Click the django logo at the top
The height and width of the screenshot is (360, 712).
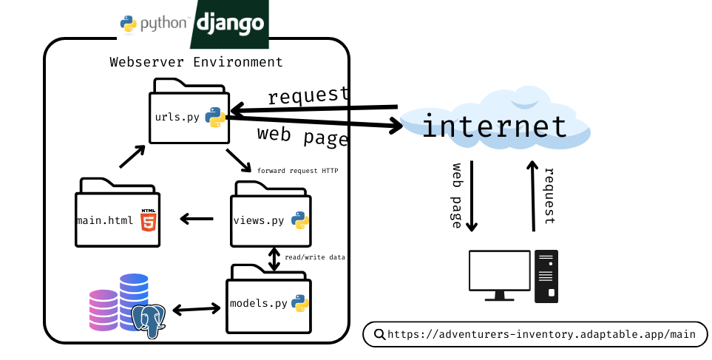229,24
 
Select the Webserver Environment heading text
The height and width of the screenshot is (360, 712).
196,62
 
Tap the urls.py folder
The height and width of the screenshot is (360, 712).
189,115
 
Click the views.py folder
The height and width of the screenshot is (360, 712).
271,217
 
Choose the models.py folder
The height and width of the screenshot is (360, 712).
268,302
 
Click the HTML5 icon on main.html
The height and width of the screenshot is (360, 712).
149,220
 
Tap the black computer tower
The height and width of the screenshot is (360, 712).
546,276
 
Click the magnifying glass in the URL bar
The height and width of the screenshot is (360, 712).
379,334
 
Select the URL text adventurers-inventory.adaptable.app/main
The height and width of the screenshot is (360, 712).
541,334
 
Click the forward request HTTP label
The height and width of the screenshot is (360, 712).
297,171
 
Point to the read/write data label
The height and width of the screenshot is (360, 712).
315,257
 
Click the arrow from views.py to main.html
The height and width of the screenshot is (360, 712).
197,219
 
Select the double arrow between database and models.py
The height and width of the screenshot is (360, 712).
195,308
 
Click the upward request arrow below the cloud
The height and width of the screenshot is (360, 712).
532,196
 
